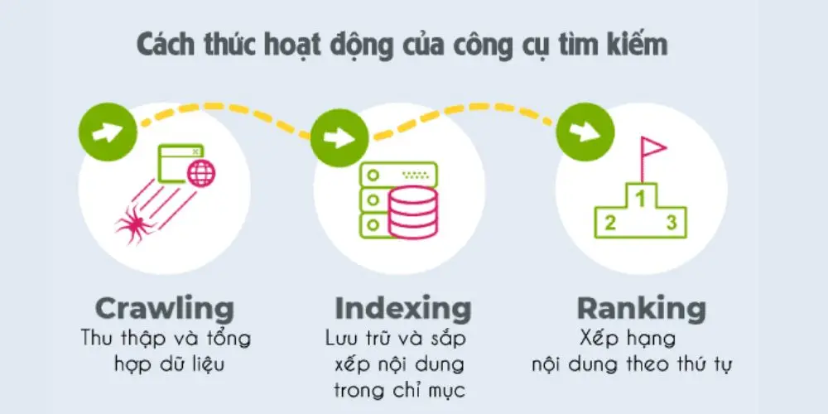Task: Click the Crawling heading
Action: click(165, 309)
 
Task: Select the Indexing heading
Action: click(403, 309)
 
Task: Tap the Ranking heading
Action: click(642, 309)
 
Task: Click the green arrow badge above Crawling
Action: click(105, 132)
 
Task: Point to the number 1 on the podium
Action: click(639, 198)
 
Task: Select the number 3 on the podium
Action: click(672, 222)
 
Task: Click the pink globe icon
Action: click(200, 174)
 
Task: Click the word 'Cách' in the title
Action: click(171, 45)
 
